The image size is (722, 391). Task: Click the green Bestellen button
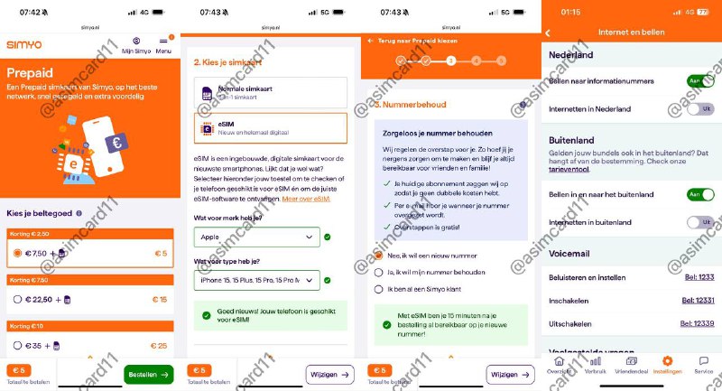click(x=149, y=374)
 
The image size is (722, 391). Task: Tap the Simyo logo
click(x=24, y=45)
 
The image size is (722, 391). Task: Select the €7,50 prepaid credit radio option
click(x=17, y=254)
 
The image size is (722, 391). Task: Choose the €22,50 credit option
click(x=17, y=299)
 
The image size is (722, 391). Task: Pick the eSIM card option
click(x=270, y=128)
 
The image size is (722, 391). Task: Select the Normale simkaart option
click(x=270, y=92)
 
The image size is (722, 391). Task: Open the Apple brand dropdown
click(x=256, y=237)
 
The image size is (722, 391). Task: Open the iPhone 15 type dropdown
click(x=256, y=281)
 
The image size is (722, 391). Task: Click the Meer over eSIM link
click(x=305, y=199)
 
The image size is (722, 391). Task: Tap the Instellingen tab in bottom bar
click(x=667, y=365)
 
